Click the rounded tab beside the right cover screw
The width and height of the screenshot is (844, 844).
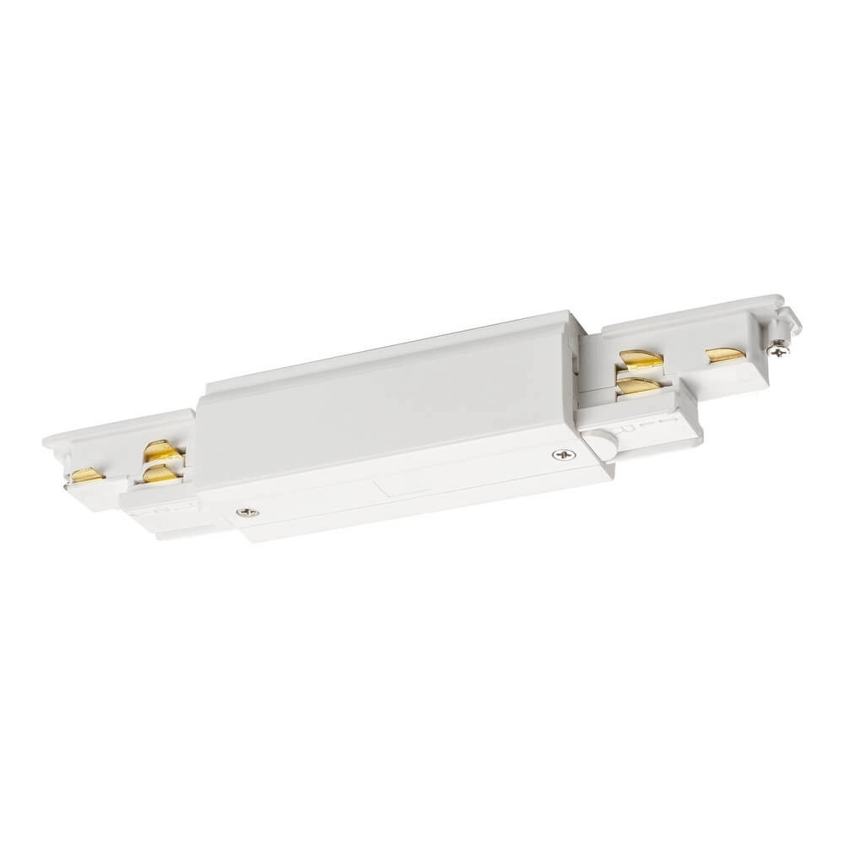600,442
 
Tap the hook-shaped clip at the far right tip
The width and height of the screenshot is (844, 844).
790,316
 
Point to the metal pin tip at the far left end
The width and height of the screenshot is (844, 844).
66,486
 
